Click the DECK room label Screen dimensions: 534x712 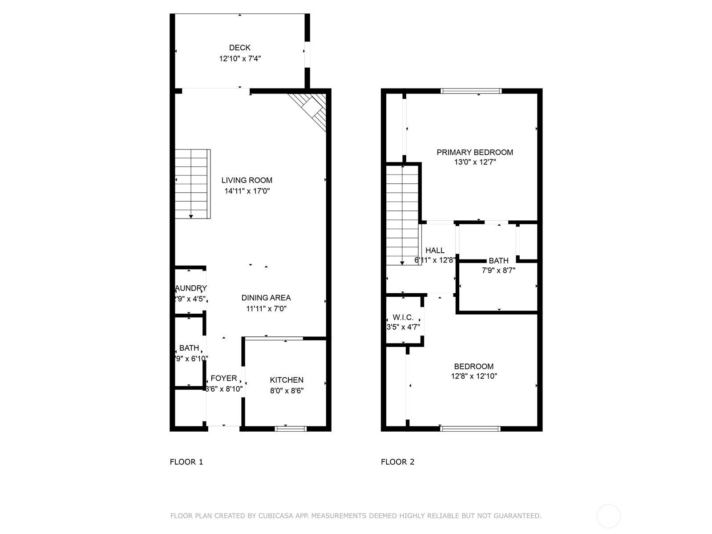click(239, 48)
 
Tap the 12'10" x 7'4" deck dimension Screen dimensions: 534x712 click(239, 58)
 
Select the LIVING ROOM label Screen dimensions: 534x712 click(247, 180)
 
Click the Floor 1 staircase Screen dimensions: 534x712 click(192, 184)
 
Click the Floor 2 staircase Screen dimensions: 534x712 click(402, 215)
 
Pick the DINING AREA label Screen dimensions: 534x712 click(266, 298)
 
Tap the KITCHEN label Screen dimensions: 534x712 click(287, 380)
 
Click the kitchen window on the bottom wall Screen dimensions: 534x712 click(291, 429)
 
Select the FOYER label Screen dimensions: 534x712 click(223, 378)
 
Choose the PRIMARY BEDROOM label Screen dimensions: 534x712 click(474, 152)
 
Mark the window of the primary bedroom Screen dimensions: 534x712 click(471, 91)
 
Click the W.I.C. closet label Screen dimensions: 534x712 click(403, 318)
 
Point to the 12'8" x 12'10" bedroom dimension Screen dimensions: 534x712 click(473, 376)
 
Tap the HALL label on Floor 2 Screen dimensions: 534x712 click(435, 251)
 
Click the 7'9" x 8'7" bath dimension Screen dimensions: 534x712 click(498, 270)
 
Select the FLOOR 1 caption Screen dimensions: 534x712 click(186, 462)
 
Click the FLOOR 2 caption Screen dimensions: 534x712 click(397, 462)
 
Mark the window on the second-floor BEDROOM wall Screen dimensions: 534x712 click(470, 429)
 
